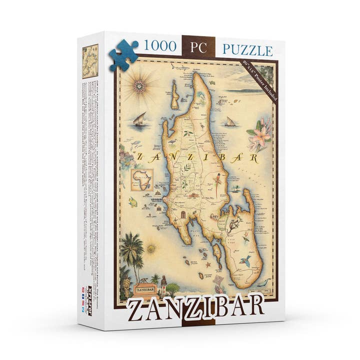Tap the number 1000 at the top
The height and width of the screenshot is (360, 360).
(x=160, y=47)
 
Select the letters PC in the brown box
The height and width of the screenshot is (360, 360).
(x=198, y=48)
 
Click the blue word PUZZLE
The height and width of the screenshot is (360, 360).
(x=247, y=50)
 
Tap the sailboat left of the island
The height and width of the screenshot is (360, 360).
(x=140, y=120)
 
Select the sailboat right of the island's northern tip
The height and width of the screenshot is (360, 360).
(x=230, y=121)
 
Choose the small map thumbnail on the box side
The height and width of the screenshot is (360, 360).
(x=90, y=61)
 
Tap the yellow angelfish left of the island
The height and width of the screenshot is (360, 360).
(x=133, y=202)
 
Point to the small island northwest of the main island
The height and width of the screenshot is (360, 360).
(x=174, y=95)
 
